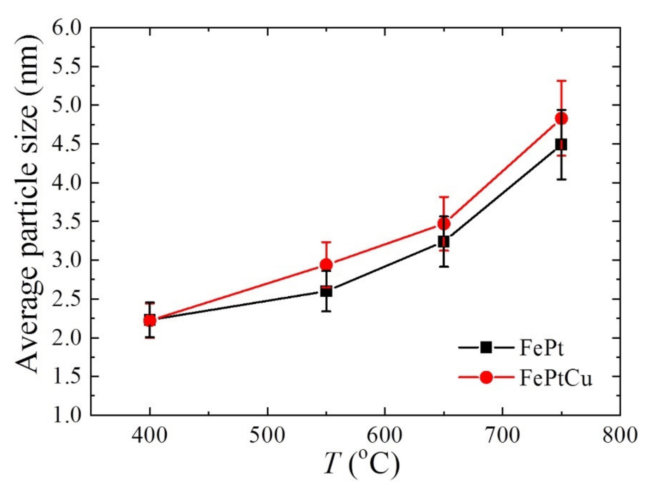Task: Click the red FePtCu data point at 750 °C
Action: pyautogui.click(x=561, y=118)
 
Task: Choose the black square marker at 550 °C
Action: pyautogui.click(x=326, y=292)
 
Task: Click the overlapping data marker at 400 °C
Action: pyautogui.click(x=150, y=320)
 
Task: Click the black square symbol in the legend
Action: pyautogui.click(x=486, y=348)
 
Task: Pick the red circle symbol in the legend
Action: pyautogui.click(x=486, y=385)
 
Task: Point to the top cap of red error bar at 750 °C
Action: pyautogui.click(x=561, y=80)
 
